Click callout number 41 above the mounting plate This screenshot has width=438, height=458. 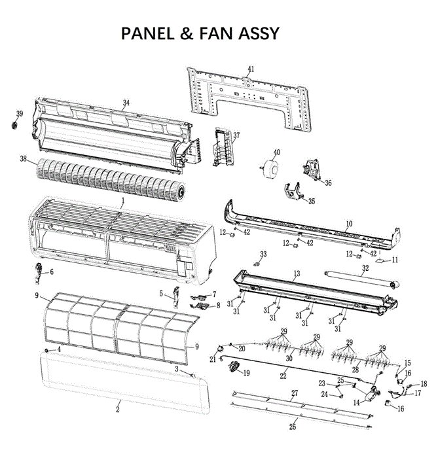click(251, 69)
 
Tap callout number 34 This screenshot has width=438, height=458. click(126, 103)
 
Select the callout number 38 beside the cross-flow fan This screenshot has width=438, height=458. click(24, 158)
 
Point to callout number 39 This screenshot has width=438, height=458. click(19, 114)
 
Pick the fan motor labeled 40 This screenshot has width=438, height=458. click(266, 167)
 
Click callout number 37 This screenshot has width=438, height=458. click(236, 135)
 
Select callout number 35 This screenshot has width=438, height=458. click(312, 202)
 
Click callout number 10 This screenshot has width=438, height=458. click(349, 224)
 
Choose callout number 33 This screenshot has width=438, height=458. click(264, 254)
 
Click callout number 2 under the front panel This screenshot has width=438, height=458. click(118, 410)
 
